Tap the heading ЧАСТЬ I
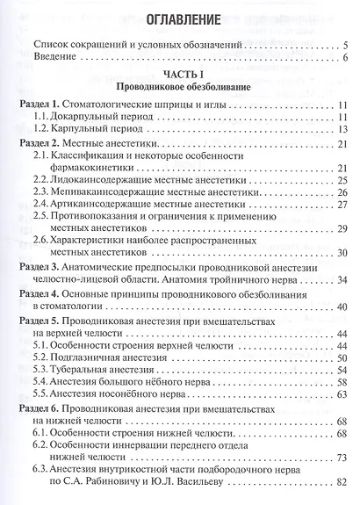(x=183, y=77)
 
